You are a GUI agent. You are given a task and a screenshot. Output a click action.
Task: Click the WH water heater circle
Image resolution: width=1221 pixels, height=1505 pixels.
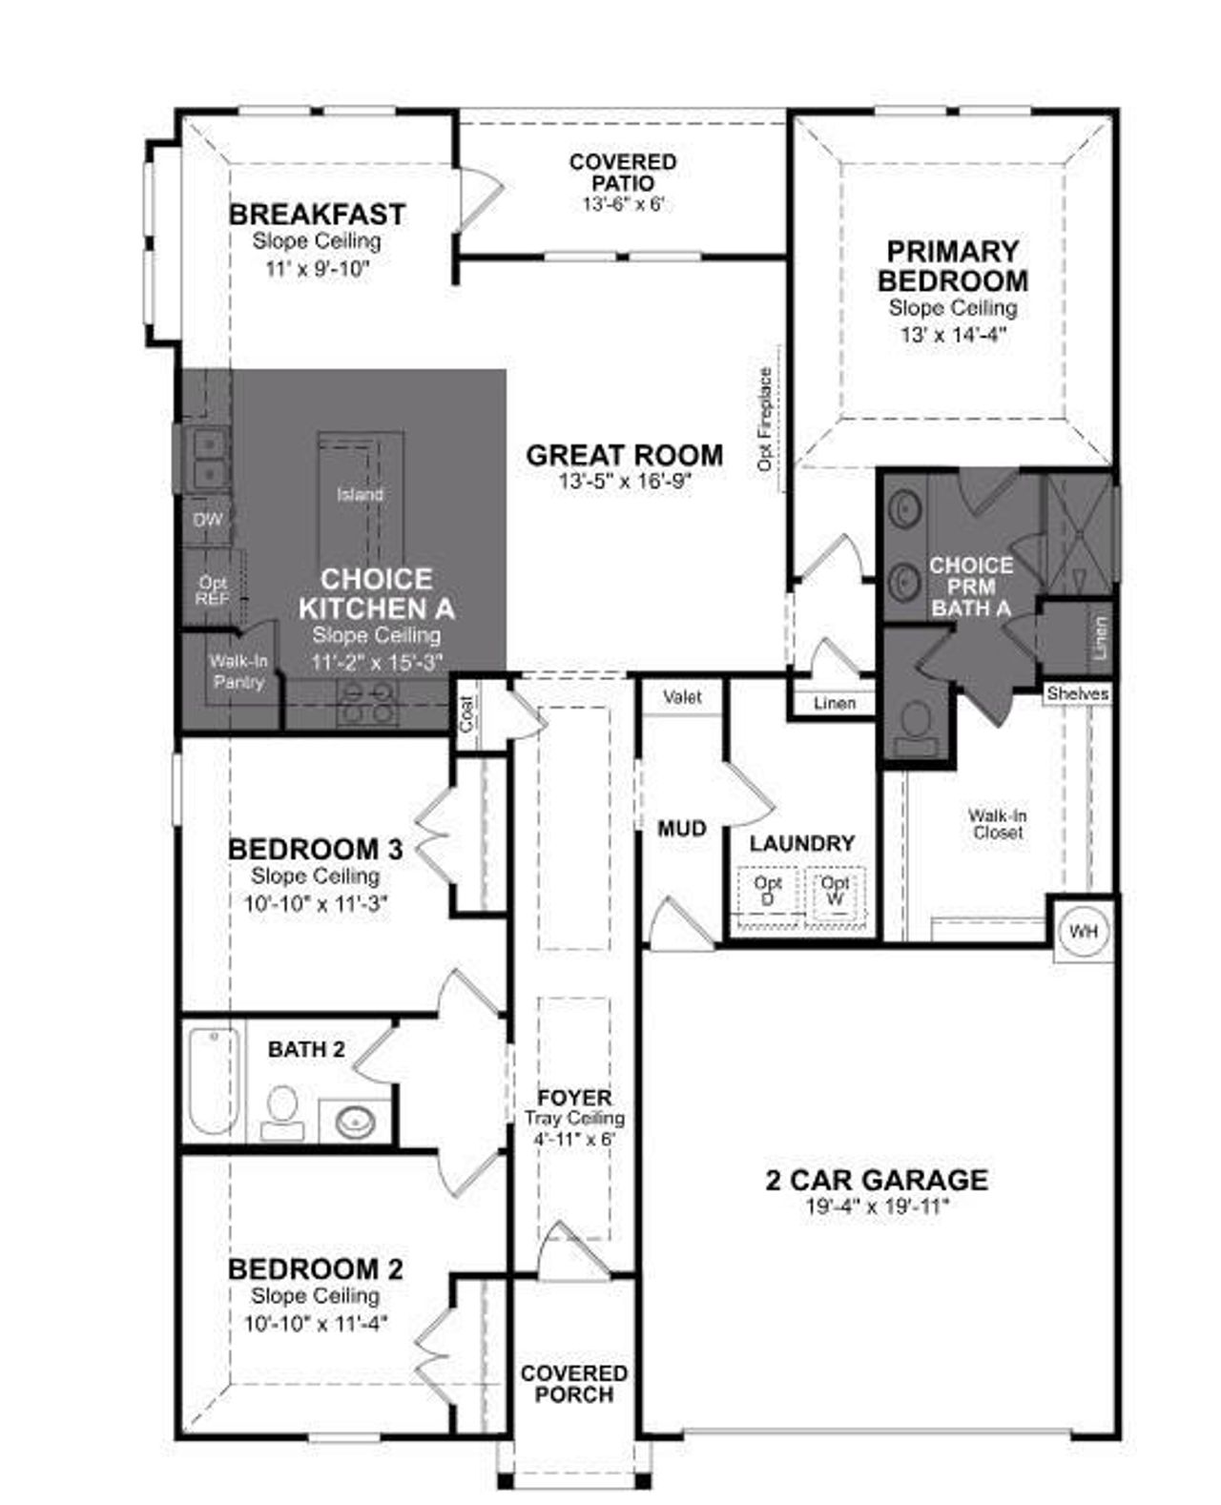coord(1083,931)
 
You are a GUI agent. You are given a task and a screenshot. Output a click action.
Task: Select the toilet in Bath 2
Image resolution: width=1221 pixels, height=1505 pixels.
coord(282,1110)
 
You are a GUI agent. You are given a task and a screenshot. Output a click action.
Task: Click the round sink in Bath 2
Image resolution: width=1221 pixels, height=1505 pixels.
coord(355,1120)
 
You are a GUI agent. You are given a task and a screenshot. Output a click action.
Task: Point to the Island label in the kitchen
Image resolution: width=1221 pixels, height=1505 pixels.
coord(360,494)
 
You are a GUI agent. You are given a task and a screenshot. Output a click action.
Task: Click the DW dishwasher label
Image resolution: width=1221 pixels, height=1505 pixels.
coord(207,520)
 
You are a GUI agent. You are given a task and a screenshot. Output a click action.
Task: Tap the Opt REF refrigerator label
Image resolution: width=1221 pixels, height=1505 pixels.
coord(212,590)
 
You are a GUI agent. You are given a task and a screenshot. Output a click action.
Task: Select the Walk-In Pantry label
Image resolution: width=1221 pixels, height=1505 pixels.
coord(238,671)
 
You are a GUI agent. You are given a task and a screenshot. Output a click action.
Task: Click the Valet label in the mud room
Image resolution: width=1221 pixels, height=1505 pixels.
coord(682,697)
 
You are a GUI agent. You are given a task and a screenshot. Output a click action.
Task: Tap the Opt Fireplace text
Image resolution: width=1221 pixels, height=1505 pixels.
coord(765,419)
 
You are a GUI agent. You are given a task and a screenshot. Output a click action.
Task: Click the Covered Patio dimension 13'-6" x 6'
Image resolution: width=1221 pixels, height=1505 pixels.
coord(622,204)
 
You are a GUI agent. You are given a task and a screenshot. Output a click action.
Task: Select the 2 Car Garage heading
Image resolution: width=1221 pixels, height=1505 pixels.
coord(876,1180)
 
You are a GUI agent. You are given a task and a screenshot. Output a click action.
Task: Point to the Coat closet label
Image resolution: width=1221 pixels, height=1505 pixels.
coord(466,712)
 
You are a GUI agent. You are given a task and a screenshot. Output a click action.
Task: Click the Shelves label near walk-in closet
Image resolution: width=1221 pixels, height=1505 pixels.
coord(1077,693)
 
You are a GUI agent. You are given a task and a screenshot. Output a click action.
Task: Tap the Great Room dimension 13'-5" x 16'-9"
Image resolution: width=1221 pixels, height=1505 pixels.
coord(624,482)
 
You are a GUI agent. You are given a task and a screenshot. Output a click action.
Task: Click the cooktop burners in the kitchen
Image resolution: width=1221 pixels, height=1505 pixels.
coord(367,702)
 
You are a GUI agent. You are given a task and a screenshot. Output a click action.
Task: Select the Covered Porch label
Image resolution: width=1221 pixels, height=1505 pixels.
coord(573,1384)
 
